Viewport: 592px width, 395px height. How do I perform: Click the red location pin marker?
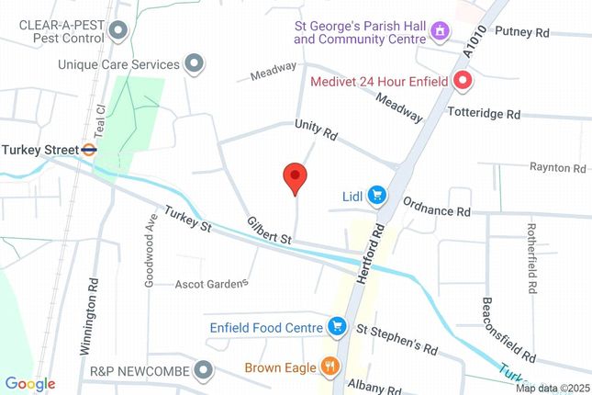[294, 176]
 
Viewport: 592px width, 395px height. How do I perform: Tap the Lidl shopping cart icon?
[375, 195]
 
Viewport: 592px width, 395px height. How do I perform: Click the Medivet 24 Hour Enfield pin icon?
[464, 82]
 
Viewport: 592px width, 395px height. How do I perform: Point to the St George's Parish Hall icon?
[440, 32]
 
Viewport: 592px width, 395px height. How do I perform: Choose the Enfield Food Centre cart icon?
[337, 326]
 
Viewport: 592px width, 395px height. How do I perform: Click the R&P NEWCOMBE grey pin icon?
[204, 371]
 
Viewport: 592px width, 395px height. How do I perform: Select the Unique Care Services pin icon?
[194, 64]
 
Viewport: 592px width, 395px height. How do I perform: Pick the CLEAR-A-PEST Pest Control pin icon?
[117, 31]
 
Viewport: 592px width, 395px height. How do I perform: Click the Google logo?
[30, 384]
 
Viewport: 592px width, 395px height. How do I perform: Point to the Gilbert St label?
[268, 231]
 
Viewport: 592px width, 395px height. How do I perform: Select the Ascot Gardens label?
[212, 283]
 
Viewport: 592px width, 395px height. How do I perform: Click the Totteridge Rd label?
[484, 114]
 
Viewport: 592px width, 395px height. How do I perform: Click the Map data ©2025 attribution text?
[552, 388]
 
